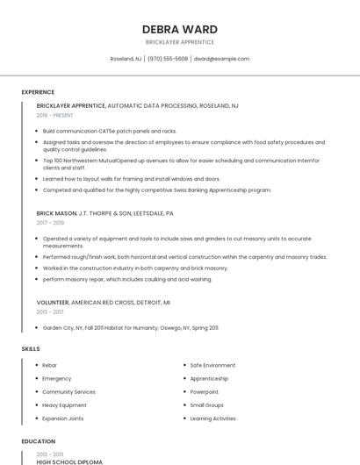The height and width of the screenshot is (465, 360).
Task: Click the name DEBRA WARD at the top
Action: tap(179, 29)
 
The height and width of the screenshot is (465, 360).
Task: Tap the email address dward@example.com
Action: tap(221, 59)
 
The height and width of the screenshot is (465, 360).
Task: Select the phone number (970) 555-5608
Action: tap(168, 59)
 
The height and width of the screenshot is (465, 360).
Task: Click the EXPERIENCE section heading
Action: tap(38, 92)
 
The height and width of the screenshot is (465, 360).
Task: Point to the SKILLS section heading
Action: tap(31, 349)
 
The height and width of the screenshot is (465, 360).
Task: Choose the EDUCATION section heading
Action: tap(38, 441)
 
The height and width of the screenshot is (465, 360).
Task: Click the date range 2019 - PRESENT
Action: tap(54, 115)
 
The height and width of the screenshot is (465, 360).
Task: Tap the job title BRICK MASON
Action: tap(56, 213)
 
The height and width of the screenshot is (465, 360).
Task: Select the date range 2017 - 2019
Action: tap(50, 223)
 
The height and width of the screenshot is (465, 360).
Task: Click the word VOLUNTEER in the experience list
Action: tap(53, 302)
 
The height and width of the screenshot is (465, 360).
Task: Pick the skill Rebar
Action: tap(49, 365)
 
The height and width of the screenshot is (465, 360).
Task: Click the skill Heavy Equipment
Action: tap(64, 405)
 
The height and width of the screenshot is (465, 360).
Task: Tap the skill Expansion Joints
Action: tap(63, 418)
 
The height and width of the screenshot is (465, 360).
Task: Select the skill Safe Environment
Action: tap(212, 365)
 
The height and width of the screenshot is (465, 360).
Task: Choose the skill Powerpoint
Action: tap(205, 392)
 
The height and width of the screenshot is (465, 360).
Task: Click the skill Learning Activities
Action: tap(212, 418)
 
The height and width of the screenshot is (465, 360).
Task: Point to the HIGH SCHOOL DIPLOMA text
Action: tap(69, 461)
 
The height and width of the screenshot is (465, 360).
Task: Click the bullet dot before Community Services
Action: tap(36, 392)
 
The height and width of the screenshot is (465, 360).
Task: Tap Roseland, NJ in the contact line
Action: tap(126, 59)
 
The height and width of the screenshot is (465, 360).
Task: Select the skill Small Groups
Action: tap(206, 405)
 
